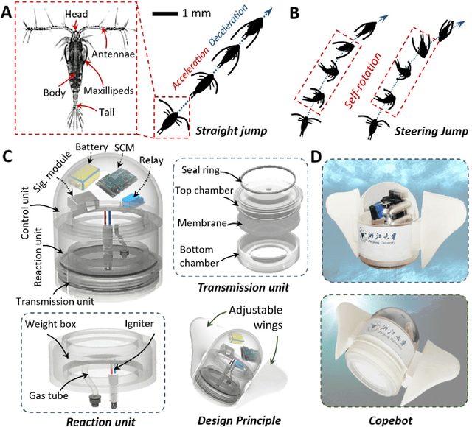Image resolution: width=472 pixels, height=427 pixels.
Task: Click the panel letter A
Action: [x=9, y=11]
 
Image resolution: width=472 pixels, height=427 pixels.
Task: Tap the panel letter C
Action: [x=9, y=158]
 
